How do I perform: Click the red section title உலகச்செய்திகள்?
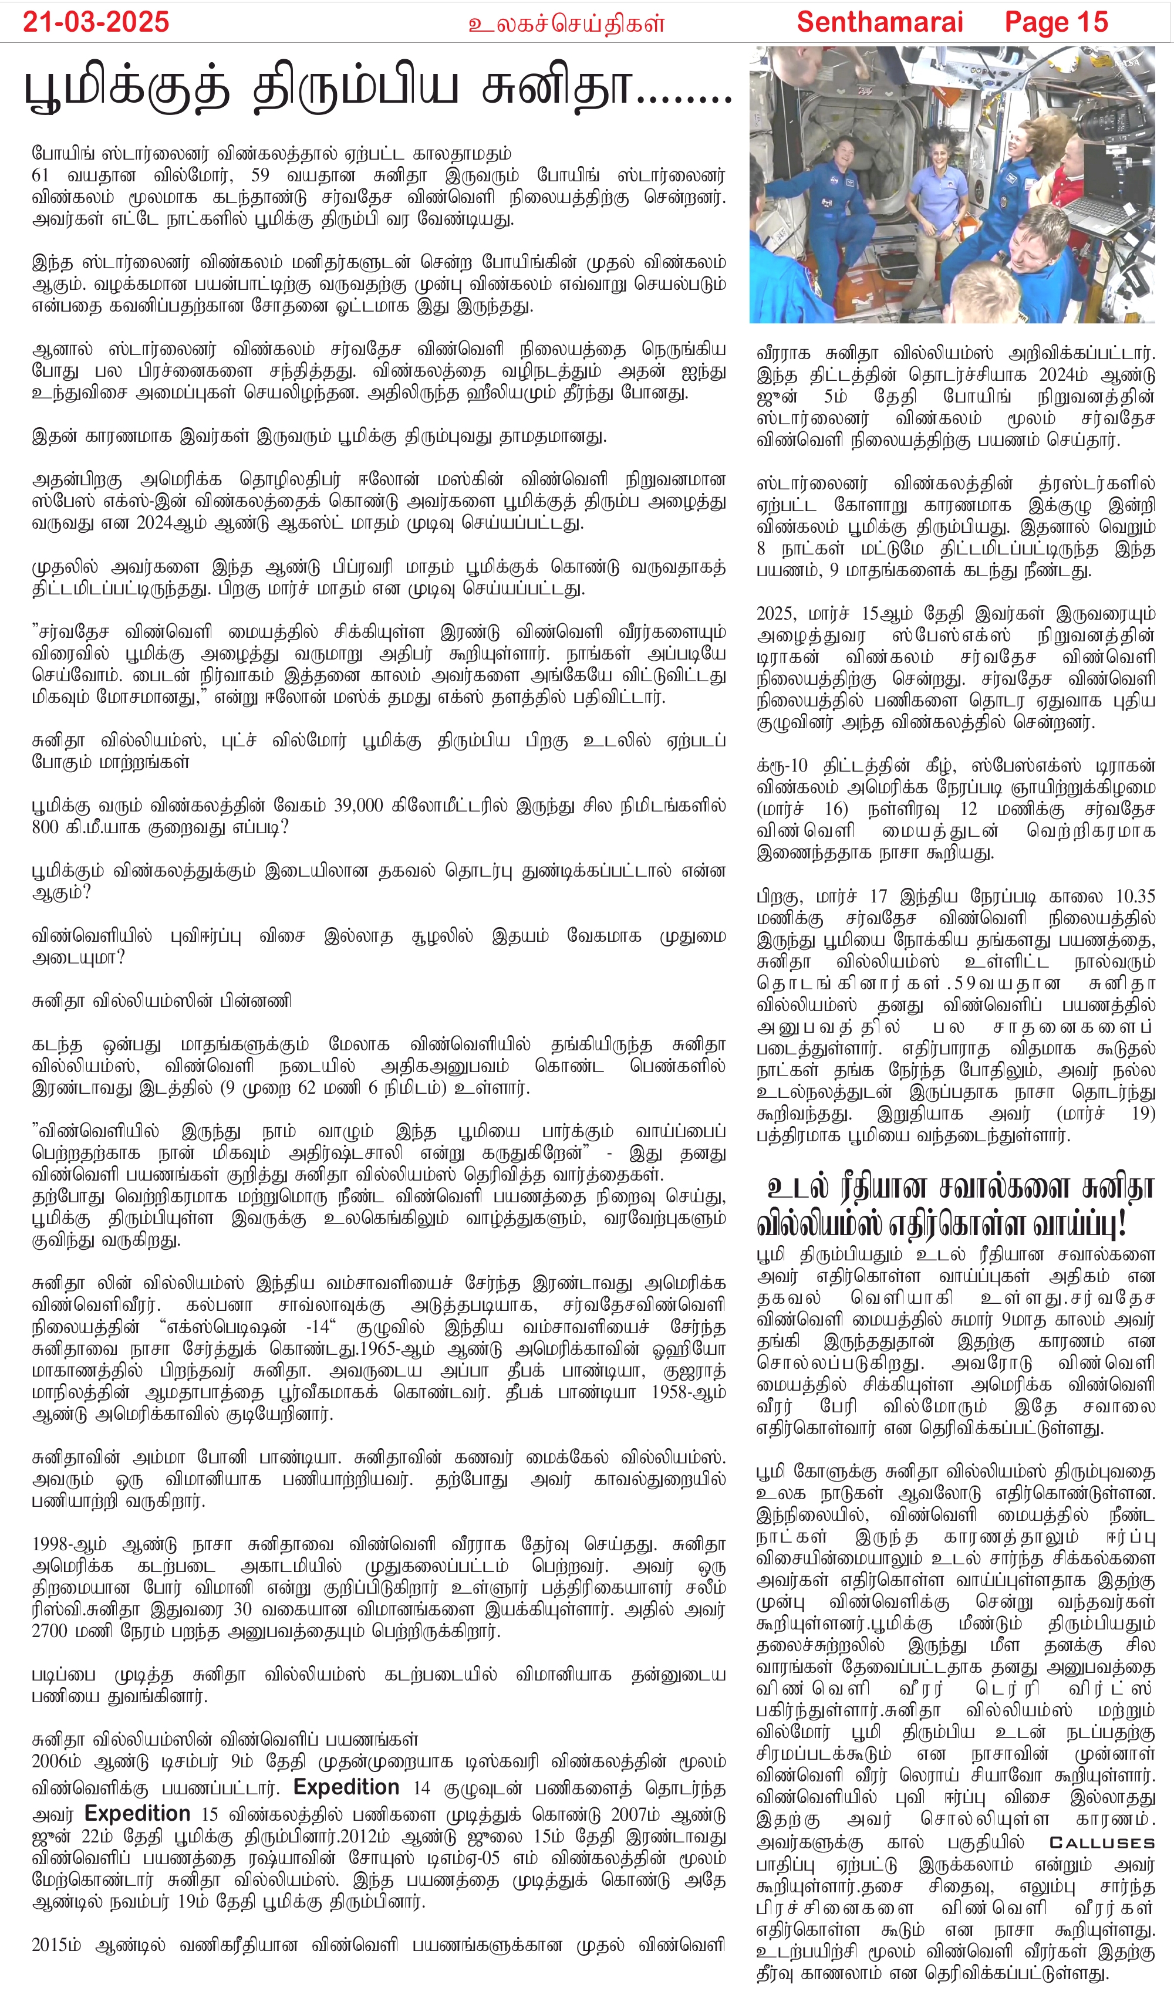(566, 23)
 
